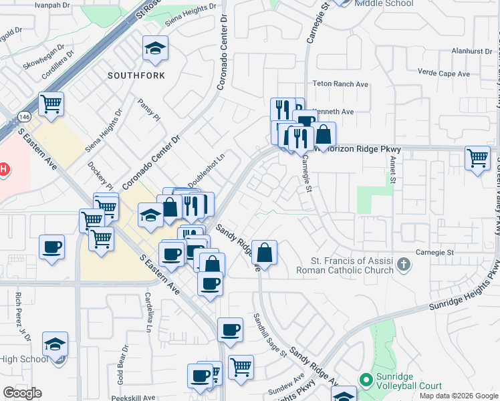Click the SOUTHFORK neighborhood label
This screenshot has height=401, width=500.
click(x=136, y=76)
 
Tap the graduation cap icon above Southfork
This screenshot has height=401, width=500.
click(x=155, y=49)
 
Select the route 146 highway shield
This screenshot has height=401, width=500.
click(x=24, y=116)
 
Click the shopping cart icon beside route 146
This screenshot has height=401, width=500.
click(x=51, y=104)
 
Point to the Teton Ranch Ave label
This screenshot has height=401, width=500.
click(x=341, y=85)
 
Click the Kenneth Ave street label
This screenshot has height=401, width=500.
click(x=332, y=111)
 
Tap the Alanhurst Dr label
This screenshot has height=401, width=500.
click(x=471, y=51)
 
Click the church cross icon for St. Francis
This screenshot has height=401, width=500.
click(x=402, y=264)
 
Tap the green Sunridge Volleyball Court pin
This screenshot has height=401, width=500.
click(x=365, y=380)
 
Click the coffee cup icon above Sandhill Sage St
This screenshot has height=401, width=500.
click(x=230, y=330)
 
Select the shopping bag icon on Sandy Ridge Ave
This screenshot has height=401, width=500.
click(x=265, y=253)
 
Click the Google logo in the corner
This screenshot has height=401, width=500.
click(x=23, y=393)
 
